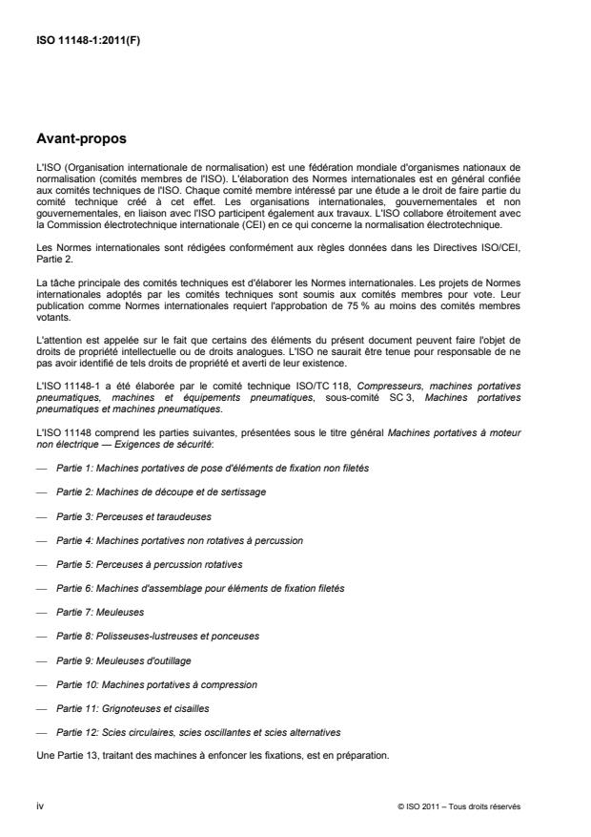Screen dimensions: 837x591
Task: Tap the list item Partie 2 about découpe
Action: point(160,492)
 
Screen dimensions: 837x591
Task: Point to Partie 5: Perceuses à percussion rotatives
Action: point(150,563)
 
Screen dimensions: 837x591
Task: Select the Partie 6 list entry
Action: point(199,587)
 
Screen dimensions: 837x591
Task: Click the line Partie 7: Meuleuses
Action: point(106,611)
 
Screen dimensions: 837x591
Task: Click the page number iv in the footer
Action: point(39,806)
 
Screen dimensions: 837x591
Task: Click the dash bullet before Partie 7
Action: point(39,611)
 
